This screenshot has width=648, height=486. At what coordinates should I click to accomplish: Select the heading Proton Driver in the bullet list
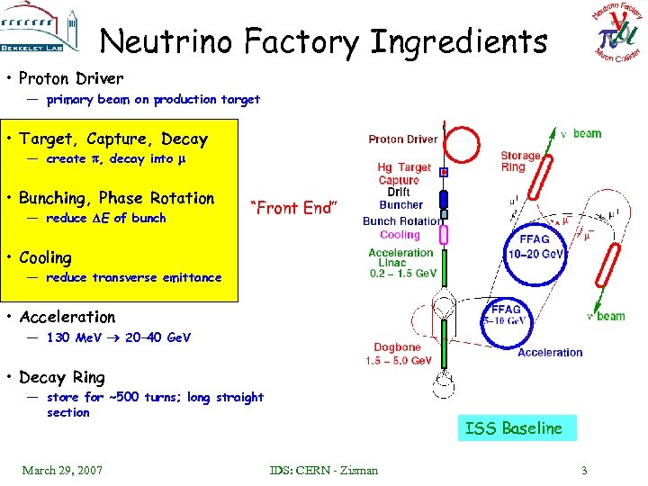click(x=71, y=78)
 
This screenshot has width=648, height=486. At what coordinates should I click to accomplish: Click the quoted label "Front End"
click(x=296, y=208)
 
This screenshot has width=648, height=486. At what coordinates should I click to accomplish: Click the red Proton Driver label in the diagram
click(x=403, y=139)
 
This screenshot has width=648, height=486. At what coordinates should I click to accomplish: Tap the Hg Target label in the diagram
click(x=404, y=167)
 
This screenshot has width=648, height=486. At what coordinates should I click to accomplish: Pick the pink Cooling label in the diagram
click(x=400, y=236)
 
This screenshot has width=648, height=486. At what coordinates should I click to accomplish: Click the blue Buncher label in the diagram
click(x=401, y=205)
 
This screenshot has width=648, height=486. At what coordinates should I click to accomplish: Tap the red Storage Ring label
click(x=520, y=161)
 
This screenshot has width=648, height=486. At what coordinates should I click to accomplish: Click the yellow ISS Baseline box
click(x=513, y=428)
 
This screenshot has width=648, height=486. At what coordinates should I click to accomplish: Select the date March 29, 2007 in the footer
click(x=62, y=470)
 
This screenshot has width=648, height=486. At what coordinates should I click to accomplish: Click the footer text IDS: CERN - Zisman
click(x=324, y=470)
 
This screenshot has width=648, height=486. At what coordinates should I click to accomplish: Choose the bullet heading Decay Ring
click(x=62, y=377)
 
